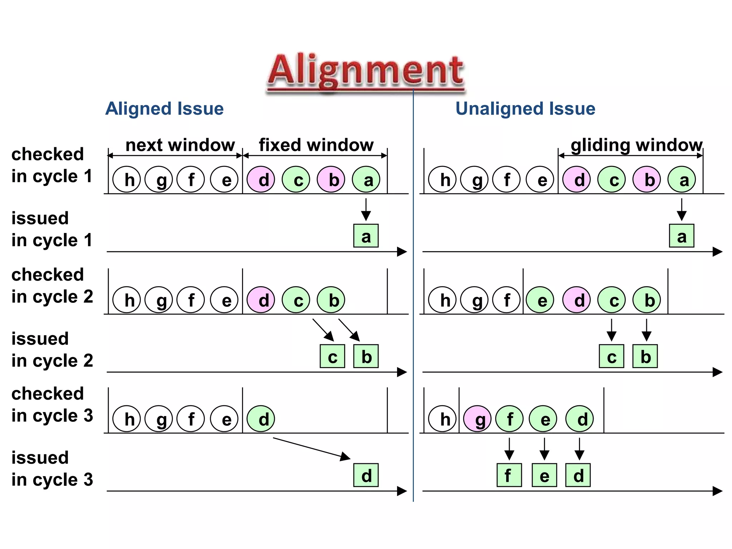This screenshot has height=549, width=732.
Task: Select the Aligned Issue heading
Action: point(164,109)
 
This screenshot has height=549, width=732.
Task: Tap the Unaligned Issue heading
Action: point(525,109)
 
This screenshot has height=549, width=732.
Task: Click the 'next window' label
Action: point(180,145)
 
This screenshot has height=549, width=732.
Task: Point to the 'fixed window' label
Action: point(316,145)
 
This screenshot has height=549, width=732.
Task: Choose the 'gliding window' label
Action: point(636,145)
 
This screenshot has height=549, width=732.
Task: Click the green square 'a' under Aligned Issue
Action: point(366,236)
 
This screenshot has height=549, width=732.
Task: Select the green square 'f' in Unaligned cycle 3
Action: point(509,475)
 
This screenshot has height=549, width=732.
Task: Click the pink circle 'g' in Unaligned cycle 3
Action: point(477,419)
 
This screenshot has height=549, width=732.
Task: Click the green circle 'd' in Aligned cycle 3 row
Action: point(261,419)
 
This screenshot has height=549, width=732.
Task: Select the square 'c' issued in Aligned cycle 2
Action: point(332,356)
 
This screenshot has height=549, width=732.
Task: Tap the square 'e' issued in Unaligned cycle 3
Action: point(544,475)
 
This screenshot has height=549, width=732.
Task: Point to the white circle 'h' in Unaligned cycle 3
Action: point(442,419)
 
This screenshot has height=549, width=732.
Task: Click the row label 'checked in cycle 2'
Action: point(52,286)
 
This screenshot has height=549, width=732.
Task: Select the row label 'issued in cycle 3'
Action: point(52,469)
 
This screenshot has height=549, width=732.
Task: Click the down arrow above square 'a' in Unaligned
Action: point(681,209)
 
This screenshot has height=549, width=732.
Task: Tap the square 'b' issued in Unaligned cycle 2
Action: point(645,356)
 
